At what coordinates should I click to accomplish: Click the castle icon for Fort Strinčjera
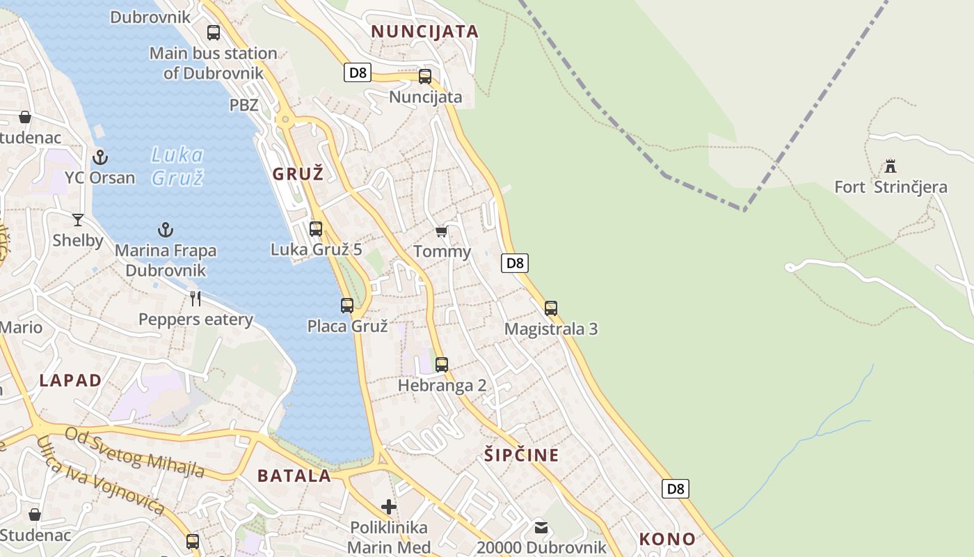(x=891, y=166)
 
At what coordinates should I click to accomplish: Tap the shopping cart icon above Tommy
(x=441, y=231)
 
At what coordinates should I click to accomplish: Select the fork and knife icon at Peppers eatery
(x=195, y=299)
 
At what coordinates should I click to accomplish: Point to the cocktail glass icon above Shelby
(x=78, y=220)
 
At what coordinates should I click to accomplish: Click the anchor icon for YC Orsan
(x=100, y=157)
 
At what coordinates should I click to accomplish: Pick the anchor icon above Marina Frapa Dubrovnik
(x=166, y=229)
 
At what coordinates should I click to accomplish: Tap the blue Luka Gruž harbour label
(x=177, y=166)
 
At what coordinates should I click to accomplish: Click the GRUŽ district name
(x=298, y=174)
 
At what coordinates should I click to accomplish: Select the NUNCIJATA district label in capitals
(x=424, y=31)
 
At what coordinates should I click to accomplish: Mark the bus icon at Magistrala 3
(x=551, y=308)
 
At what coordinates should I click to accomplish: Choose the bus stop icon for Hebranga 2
(x=442, y=364)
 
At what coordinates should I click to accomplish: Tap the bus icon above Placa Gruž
(x=347, y=305)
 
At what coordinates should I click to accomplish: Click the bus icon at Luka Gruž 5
(x=316, y=228)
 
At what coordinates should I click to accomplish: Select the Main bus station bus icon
(x=214, y=32)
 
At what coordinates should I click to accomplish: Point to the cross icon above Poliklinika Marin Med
(x=389, y=507)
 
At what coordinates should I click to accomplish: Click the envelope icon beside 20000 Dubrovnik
(x=541, y=527)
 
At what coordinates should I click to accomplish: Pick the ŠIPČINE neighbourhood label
(x=521, y=455)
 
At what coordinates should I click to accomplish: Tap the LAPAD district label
(x=70, y=381)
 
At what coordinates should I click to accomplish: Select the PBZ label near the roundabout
(x=244, y=105)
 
